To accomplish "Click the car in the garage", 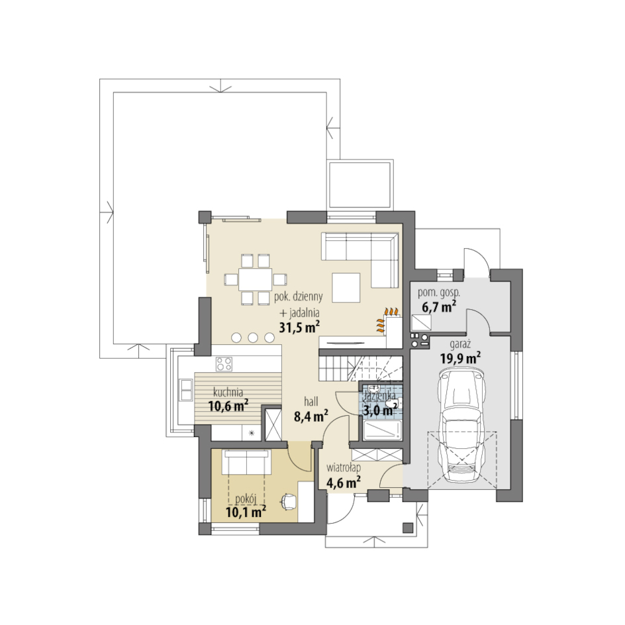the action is click(461, 425).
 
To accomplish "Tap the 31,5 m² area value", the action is click(299, 327).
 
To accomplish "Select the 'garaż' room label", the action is click(460, 344).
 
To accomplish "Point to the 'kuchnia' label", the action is click(228, 392).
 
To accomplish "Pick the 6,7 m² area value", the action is click(439, 307).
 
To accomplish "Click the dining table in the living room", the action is click(255, 279).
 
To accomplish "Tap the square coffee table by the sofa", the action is click(346, 287).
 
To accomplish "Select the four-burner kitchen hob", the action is click(224, 364).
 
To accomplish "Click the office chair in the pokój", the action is click(289, 501).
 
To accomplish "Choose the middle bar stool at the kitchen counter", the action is click(253, 338).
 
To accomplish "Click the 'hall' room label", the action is click(311, 401).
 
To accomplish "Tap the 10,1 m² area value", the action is click(246, 511).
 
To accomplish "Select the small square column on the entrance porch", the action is click(408, 528).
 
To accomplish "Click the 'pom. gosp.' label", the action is click(439, 293).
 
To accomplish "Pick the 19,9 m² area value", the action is click(460, 358).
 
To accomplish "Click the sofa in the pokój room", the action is click(247, 462).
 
